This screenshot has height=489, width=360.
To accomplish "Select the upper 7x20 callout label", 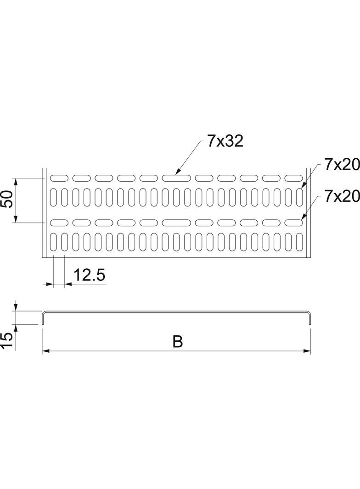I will coord(341,165).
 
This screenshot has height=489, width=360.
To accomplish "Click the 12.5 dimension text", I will coord(90,275).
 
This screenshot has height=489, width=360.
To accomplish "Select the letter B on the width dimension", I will coord(178,342).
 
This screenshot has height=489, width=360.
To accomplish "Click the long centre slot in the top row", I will coord(176,178).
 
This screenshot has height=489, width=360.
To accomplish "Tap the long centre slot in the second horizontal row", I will coord(176,223).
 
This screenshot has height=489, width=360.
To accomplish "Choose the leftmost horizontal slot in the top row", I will coord(59,178).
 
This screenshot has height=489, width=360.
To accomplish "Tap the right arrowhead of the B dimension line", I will coord(308,351).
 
